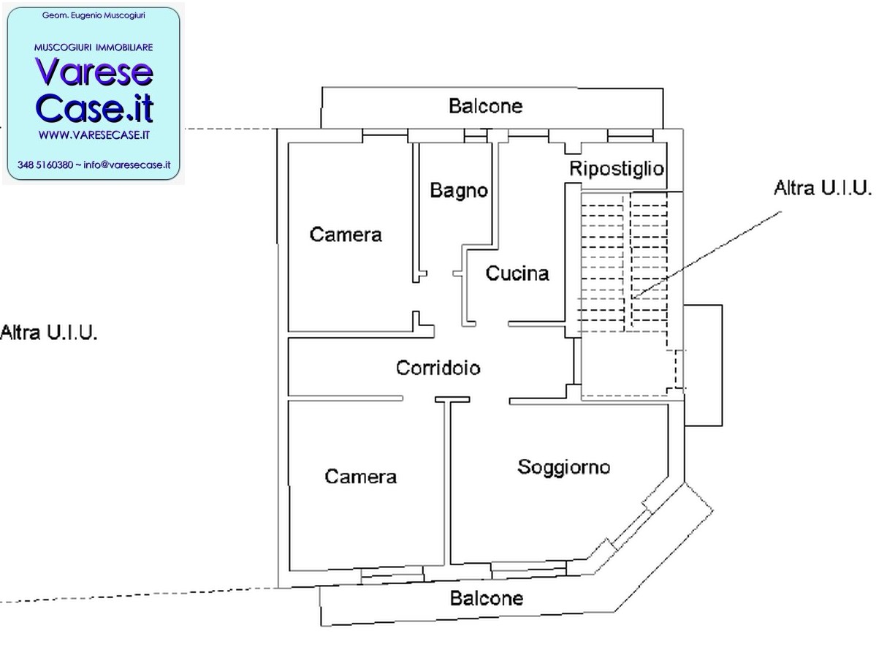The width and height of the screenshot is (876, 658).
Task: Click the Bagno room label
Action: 459,191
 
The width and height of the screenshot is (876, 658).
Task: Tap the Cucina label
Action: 517,273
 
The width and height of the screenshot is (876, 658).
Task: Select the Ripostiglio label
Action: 617,169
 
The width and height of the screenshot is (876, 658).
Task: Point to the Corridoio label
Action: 438,368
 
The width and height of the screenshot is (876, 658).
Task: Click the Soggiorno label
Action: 564,467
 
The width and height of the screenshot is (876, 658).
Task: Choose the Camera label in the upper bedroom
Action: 346,234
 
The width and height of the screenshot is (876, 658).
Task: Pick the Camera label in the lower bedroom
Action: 361,476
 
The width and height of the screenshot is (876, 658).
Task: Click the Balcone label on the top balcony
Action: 485,106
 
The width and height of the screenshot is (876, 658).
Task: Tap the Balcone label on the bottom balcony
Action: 487,598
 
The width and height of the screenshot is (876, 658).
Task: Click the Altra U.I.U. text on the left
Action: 49,333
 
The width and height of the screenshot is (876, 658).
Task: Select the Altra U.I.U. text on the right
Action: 823,188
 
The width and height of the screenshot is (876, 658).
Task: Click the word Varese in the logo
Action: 94,72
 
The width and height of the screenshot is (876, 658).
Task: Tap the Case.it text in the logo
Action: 94,108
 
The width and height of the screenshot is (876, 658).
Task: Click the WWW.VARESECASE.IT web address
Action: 94,135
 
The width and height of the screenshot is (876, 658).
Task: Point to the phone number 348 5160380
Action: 45,165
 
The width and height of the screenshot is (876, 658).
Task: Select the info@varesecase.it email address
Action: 127,165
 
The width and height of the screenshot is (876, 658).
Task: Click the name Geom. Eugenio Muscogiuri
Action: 94,15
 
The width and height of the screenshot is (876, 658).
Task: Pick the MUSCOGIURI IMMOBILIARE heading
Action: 94,48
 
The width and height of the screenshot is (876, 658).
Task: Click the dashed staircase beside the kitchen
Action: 623,262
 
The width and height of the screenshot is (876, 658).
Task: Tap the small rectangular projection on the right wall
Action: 704,366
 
